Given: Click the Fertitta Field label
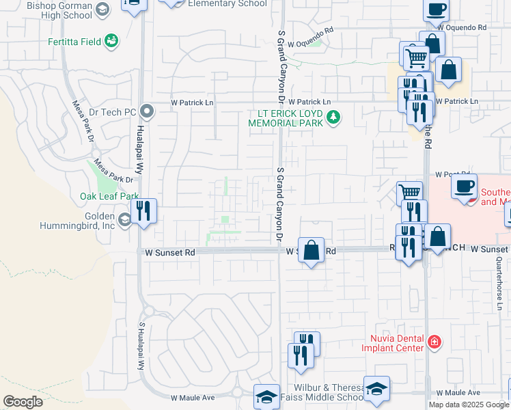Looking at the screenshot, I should (72, 42).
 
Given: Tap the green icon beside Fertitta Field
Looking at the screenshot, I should (111, 42).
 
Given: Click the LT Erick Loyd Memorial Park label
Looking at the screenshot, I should (288, 118).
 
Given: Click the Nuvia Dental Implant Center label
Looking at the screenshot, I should (397, 342).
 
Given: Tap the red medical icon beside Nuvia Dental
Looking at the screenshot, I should (432, 341).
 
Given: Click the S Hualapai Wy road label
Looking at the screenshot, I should (143, 346).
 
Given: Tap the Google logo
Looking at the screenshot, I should (23, 401).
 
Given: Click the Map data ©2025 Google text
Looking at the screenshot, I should (468, 405).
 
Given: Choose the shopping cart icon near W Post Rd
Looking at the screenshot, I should (409, 193).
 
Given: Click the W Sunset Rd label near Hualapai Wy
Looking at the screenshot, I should (170, 252).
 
